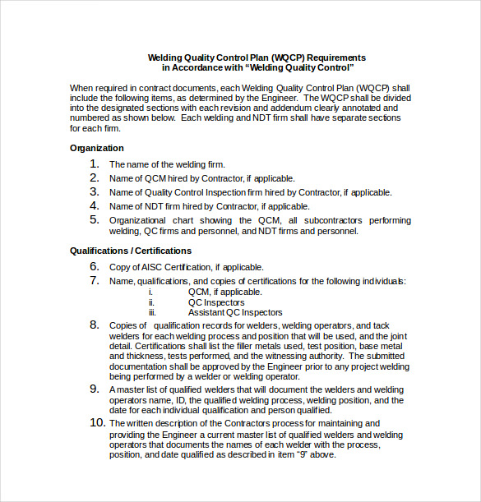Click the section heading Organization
point(97,148)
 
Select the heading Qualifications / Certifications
point(131,251)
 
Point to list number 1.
point(95,164)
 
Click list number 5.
point(95,220)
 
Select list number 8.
point(95,325)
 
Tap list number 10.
point(96,423)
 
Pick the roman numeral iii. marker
point(152,312)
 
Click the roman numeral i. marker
point(150,292)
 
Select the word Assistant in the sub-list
point(207,312)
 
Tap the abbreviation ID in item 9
point(174,401)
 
